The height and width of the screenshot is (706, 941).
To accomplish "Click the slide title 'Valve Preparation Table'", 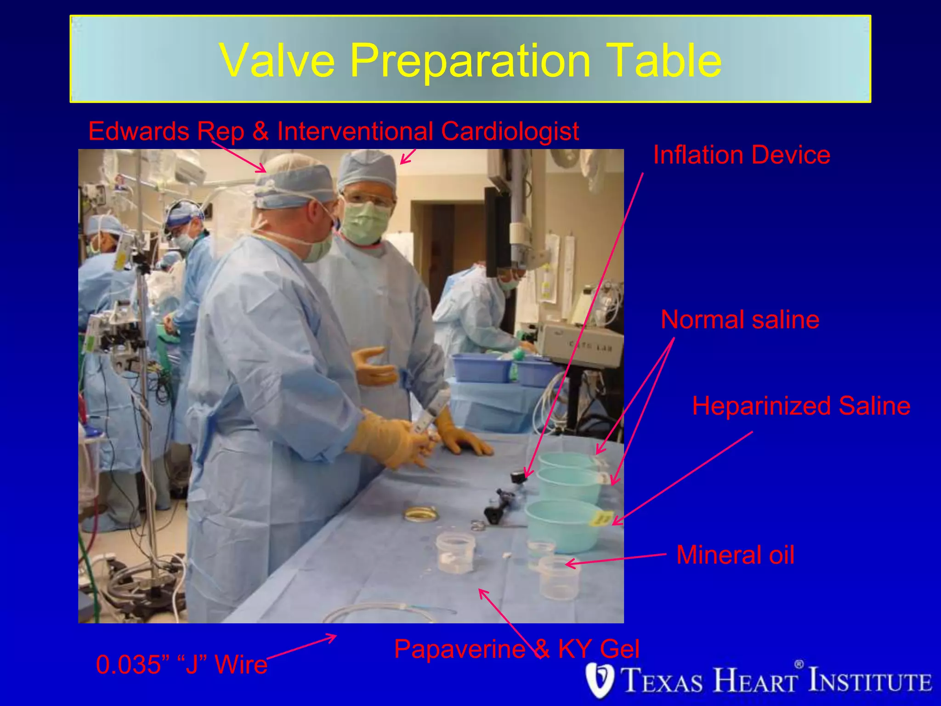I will pos(470,60).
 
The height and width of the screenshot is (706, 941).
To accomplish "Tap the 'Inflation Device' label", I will pos(741,155).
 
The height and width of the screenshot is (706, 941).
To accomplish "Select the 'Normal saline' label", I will pos(740,319).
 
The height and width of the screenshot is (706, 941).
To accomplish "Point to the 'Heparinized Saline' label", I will pos(801,406).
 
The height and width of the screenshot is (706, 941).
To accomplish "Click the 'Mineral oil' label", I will pos(735,555).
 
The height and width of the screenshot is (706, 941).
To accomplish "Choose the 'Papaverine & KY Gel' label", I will pos(516,649).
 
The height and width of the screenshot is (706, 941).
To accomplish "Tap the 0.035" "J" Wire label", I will pos(181,665).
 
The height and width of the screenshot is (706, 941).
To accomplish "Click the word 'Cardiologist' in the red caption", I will pos(510,131).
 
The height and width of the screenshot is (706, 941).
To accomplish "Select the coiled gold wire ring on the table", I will pos(420,513).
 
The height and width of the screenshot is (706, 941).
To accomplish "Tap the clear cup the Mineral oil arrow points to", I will pos(558,577).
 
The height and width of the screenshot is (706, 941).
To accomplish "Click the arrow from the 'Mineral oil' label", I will pos(616,559).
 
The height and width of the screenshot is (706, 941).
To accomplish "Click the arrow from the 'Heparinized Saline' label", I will pos(682,478).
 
